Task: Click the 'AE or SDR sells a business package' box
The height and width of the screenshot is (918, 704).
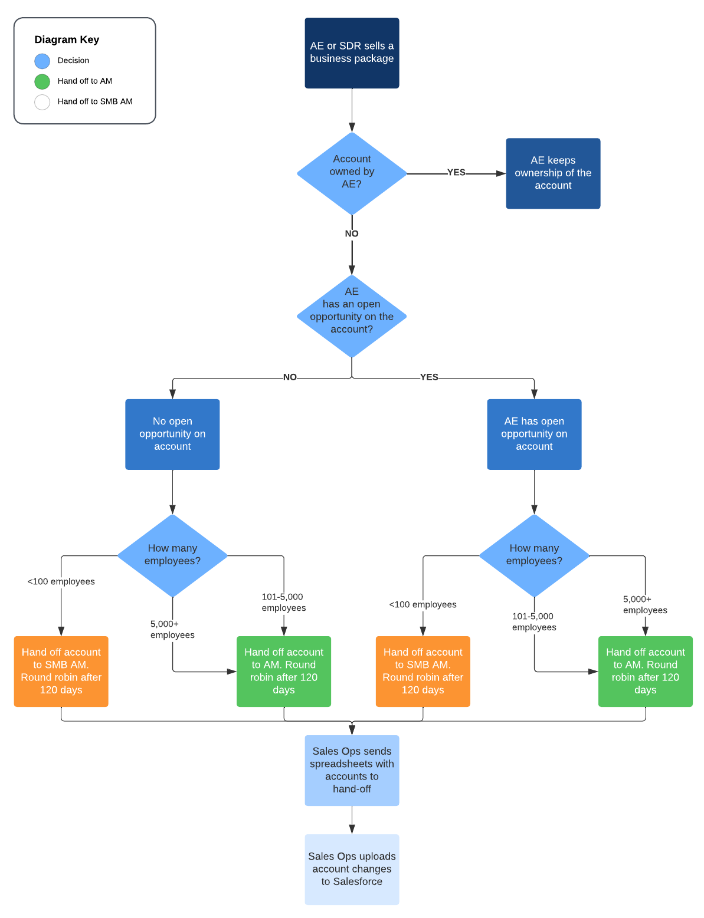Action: [352, 53]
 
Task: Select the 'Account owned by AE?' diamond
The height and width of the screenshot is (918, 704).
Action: [352, 173]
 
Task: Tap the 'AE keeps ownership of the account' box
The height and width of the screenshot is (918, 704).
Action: [553, 173]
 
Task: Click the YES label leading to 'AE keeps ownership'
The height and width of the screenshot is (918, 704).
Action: [456, 173]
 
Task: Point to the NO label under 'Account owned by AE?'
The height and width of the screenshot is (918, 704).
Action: [352, 233]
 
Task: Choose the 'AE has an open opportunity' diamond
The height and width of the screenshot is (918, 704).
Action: [352, 316]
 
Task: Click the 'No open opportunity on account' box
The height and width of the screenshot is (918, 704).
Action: [172, 434]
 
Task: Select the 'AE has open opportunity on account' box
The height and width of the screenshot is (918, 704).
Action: [534, 434]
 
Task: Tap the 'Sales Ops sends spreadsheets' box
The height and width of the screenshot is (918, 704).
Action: [352, 770]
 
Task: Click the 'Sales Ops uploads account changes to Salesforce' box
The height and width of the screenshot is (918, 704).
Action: [352, 869]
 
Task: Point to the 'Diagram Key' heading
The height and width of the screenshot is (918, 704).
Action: [67, 40]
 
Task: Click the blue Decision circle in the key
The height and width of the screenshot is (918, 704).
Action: [42, 61]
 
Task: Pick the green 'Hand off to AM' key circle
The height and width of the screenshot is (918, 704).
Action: [42, 81]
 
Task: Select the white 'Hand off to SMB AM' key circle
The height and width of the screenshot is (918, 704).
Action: [42, 102]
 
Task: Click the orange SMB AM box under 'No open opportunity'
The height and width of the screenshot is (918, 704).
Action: [61, 671]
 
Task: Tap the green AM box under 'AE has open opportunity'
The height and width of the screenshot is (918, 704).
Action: [645, 671]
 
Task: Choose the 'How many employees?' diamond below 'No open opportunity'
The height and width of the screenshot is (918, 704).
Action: [172, 555]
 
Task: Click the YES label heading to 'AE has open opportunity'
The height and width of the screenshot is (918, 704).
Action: [429, 377]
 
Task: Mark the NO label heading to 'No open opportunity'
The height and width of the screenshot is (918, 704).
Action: [290, 377]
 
